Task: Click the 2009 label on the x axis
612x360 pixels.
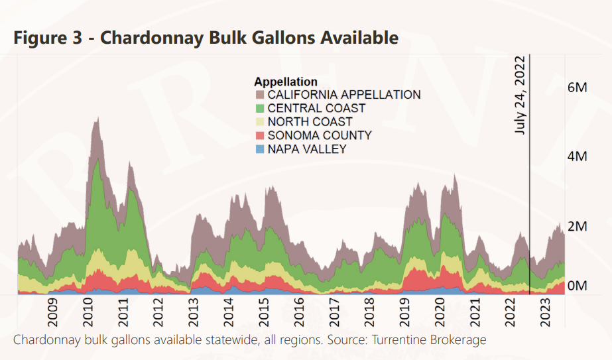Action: (x=52, y=312)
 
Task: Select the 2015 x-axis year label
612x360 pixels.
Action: (x=264, y=312)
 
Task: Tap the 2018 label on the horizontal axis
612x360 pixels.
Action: (x=370, y=312)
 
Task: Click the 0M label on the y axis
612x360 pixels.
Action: (x=578, y=286)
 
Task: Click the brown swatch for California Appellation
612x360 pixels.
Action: (x=259, y=95)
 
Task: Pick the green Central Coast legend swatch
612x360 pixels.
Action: (x=259, y=109)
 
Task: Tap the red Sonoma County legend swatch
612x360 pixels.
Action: (x=259, y=136)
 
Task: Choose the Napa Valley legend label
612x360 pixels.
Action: (x=306, y=149)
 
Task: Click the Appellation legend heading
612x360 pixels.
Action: (x=285, y=82)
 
